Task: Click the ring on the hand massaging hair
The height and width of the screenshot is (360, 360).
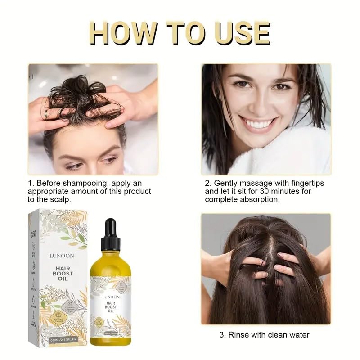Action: pyautogui.click(x=47, y=114)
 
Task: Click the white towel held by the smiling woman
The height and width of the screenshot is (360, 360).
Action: pyautogui.click(x=288, y=155)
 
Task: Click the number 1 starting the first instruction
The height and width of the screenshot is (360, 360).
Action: pyautogui.click(x=30, y=183)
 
